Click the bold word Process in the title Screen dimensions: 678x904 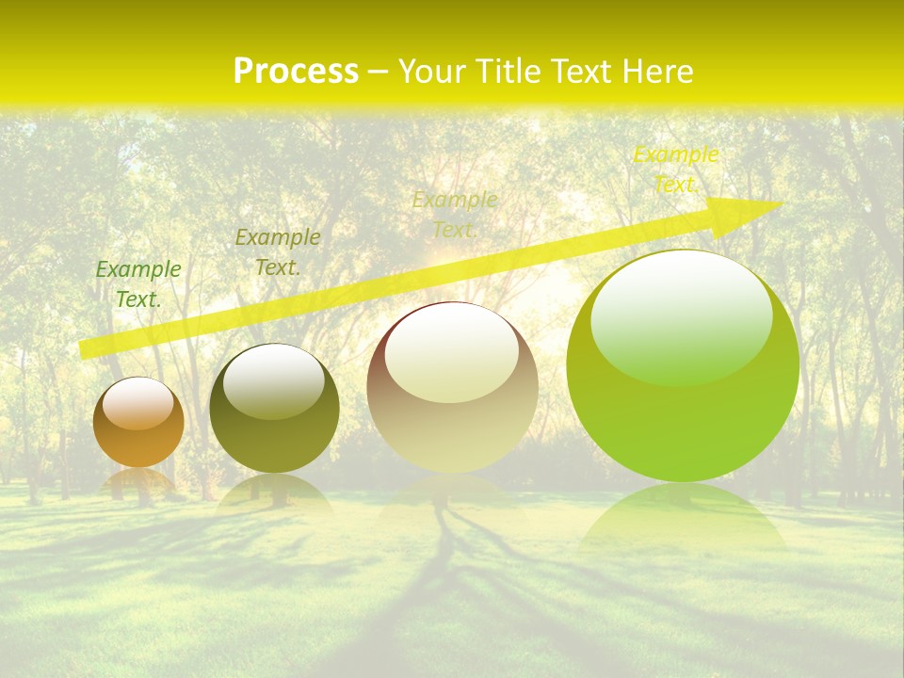coord(296,72)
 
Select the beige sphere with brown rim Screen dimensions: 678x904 coord(452,424)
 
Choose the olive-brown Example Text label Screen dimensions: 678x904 coord(277,252)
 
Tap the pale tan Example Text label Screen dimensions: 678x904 coord(455,215)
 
